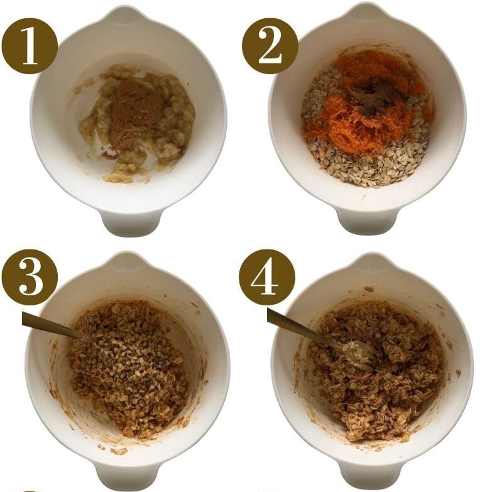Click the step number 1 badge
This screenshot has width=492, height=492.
(x=30, y=45)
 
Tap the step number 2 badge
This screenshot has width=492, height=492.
(x=270, y=45)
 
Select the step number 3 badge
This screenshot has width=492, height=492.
(x=30, y=277)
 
